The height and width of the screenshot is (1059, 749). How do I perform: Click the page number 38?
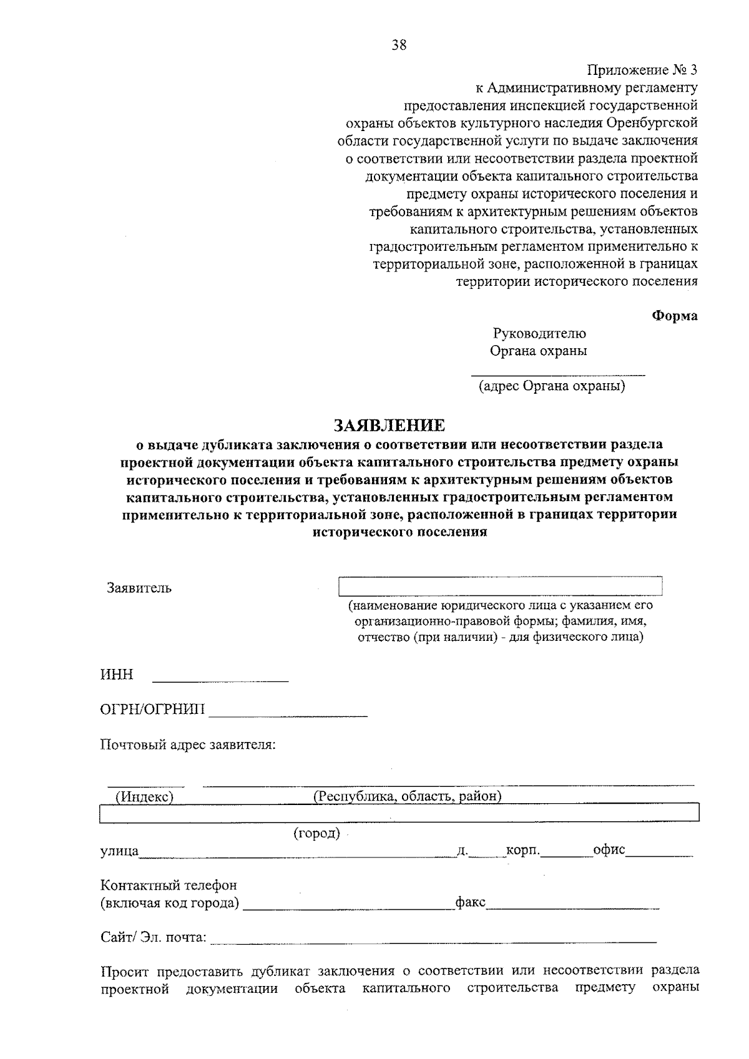click(399, 45)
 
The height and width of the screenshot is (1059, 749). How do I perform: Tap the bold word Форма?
click(675, 316)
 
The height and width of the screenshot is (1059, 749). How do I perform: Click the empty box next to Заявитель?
click(499, 587)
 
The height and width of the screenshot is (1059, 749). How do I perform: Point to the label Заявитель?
click(139, 588)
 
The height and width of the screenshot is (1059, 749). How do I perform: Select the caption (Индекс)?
click(144, 796)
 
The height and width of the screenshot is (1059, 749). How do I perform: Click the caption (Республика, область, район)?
click(407, 796)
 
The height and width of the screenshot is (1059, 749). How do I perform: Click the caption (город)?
click(316, 833)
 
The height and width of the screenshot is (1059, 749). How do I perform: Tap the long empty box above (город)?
click(399, 813)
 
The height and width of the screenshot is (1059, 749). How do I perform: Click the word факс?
click(471, 902)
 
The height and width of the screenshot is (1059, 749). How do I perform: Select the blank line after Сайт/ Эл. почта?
click(434, 940)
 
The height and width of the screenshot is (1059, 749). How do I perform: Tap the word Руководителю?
click(539, 333)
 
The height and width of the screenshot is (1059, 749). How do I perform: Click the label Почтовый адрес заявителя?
click(188, 745)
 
